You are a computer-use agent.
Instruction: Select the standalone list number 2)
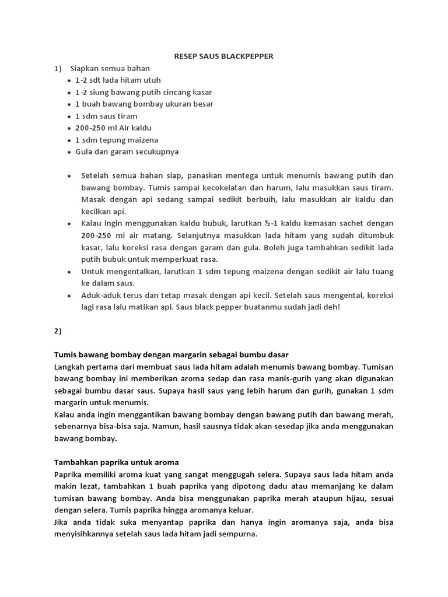pyautogui.click(x=58, y=331)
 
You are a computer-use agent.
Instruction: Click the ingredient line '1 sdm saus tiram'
pyautogui.click(x=106, y=116)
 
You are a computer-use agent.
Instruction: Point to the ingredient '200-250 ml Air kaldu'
pyautogui.click(x=113, y=128)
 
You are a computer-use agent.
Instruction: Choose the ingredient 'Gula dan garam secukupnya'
pyautogui.click(x=127, y=152)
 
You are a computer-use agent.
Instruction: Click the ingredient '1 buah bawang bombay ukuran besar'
pyautogui.click(x=144, y=104)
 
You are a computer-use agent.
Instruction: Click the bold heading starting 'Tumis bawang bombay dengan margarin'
pyautogui.click(x=171, y=354)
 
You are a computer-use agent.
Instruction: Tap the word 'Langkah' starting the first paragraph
pyautogui.click(x=69, y=367)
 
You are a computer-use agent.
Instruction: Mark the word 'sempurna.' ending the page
pyautogui.click(x=239, y=535)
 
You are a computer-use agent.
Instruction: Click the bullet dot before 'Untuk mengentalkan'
pyautogui.click(x=69, y=272)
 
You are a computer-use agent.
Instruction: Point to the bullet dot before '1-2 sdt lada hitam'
pyautogui.click(x=69, y=80)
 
